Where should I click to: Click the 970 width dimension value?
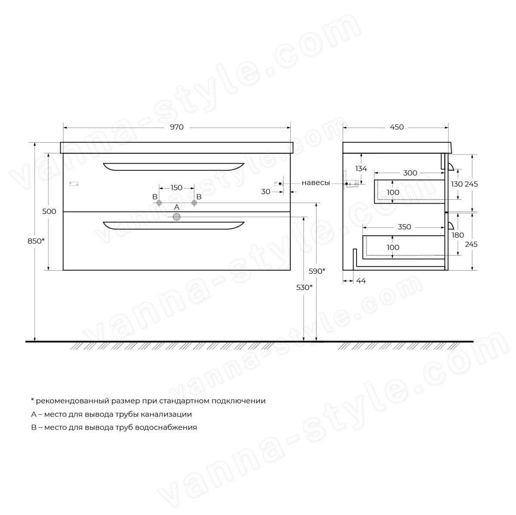point(177,127)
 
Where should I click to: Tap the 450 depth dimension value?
point(396,127)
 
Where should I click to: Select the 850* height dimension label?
point(36,241)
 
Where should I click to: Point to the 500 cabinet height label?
point(49,211)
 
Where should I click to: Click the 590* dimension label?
point(317,271)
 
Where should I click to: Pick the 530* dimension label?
point(304,287)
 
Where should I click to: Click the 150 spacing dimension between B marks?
point(176,188)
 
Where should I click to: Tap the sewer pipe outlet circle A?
point(177,217)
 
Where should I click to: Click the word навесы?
point(316,183)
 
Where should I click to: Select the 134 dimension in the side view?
point(361,168)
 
